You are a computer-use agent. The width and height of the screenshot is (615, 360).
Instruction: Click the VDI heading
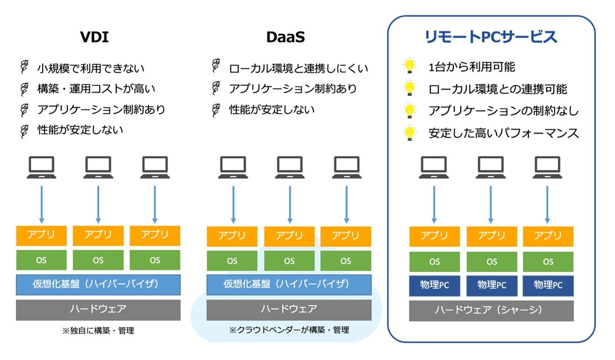[94, 37]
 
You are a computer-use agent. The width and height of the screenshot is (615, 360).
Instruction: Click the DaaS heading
[286, 37]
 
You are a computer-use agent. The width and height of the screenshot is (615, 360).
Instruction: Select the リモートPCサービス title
[491, 37]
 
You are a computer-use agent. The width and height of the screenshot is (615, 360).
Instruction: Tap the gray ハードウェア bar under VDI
[98, 310]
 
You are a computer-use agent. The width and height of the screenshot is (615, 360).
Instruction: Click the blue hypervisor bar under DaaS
[289, 285]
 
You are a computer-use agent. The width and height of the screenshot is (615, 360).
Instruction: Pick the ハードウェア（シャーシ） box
[491, 310]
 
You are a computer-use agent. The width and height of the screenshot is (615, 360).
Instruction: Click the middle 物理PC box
[492, 286]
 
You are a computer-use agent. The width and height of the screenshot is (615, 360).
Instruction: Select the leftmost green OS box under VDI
[41, 260]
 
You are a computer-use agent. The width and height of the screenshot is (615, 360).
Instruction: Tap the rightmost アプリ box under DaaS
[346, 237]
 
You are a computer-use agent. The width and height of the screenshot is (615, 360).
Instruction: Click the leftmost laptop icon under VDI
[42, 167]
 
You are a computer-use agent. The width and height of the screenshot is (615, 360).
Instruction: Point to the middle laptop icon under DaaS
[290, 167]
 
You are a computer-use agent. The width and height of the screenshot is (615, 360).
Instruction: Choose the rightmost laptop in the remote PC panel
[547, 167]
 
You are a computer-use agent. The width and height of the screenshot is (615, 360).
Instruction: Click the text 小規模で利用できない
[91, 68]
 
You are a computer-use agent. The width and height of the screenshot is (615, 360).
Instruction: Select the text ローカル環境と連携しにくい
[299, 68]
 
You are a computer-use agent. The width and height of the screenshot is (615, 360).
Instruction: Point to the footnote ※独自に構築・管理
[98, 331]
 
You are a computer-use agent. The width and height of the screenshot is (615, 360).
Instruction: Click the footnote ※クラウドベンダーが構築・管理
[289, 330]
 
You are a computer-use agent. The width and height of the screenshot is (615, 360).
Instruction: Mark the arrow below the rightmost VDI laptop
[155, 205]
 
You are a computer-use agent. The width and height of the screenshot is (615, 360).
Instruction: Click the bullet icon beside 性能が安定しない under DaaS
[216, 110]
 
